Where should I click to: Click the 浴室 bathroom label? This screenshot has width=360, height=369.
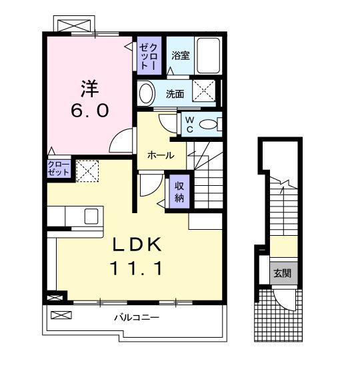point(181,56)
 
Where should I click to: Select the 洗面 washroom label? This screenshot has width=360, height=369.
point(175,94)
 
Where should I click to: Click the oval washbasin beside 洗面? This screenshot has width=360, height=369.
point(145,93)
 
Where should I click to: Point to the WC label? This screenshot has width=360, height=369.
point(189,124)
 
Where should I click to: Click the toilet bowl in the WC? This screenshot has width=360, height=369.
point(210,124)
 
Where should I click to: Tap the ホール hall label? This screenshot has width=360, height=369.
point(161,155)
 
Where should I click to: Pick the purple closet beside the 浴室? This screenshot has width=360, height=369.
point(149,56)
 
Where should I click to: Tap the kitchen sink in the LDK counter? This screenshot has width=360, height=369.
point(90,216)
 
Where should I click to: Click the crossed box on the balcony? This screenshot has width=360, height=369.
point(60,314)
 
